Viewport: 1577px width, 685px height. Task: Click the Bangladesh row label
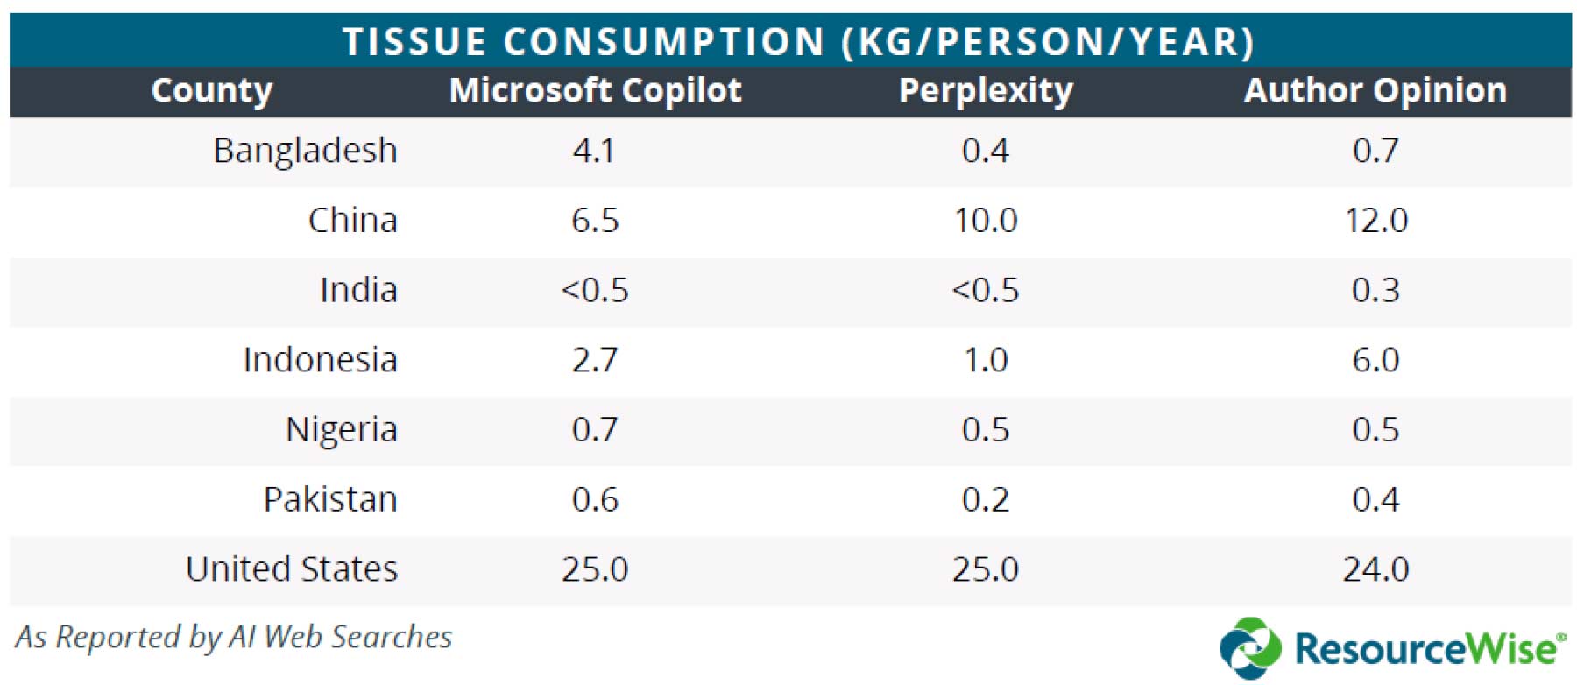click(305, 151)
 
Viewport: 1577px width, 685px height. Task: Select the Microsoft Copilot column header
click(595, 90)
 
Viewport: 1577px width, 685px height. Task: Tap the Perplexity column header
click(986, 91)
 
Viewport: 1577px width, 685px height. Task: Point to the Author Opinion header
click(1375, 90)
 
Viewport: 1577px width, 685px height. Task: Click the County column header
click(212, 91)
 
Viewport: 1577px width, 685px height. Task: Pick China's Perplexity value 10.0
click(986, 220)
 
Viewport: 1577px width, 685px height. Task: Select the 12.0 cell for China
click(1375, 220)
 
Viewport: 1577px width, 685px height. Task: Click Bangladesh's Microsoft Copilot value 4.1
click(594, 151)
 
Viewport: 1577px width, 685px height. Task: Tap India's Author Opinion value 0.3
click(1375, 290)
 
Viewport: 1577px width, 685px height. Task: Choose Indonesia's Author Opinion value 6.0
click(1375, 360)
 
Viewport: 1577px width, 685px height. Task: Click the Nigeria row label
click(342, 430)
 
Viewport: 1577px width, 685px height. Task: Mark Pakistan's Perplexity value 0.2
click(986, 499)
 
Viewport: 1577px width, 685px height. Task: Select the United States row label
click(292, 569)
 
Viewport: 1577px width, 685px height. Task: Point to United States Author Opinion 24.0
click(1375, 569)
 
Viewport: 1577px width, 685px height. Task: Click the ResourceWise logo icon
click(1250, 648)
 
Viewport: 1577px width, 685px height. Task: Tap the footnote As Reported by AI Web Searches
click(233, 637)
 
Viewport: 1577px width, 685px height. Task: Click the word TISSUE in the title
click(414, 42)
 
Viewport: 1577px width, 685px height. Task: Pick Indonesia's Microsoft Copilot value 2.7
click(595, 360)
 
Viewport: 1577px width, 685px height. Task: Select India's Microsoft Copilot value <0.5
click(595, 290)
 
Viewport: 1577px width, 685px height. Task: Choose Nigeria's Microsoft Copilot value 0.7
click(595, 430)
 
